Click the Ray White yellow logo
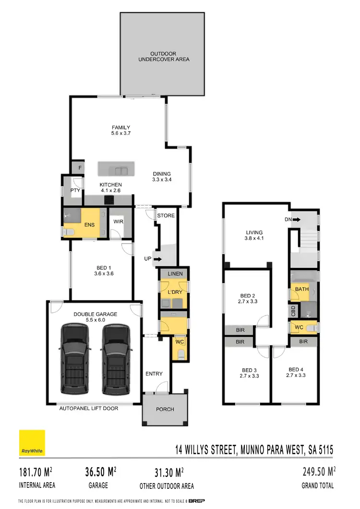(x=32, y=443)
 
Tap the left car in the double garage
(x=74, y=358)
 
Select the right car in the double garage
(x=115, y=358)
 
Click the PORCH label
(x=165, y=409)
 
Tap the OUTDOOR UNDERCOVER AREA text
(x=164, y=56)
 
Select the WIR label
(x=117, y=222)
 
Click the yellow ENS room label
(x=89, y=224)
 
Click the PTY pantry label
(x=75, y=190)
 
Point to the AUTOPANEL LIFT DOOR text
(x=88, y=409)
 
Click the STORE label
(x=166, y=216)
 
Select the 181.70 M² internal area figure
(x=36, y=473)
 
